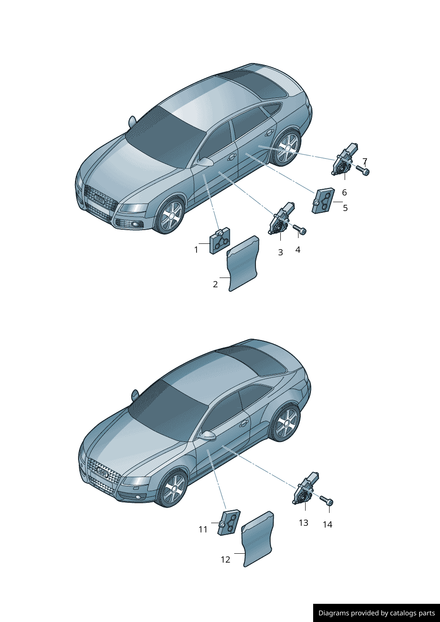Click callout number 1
196,250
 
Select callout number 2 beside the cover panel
216,285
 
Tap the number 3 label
280,253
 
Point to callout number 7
365,161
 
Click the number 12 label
225,560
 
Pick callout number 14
327,525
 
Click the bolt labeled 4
300,230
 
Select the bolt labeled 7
363,170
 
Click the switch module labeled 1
220,241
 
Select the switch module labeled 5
323,200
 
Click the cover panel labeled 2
243,264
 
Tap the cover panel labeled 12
258,540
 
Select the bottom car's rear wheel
285,423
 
